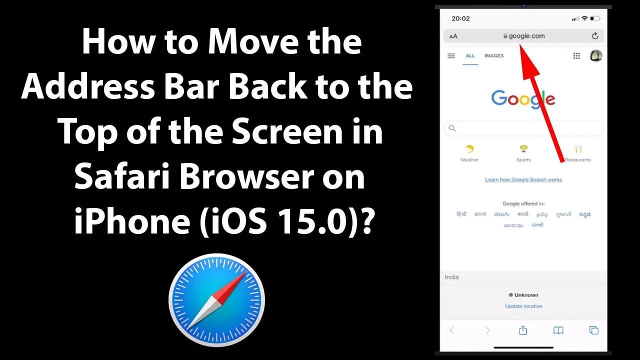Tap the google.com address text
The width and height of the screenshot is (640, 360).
526,36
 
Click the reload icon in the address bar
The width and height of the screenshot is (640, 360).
594,36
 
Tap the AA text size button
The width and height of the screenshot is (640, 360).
453,36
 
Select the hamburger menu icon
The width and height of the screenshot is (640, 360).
451,56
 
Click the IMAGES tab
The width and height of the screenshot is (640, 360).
494,56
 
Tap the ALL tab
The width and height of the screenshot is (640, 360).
470,56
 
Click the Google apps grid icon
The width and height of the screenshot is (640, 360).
576,56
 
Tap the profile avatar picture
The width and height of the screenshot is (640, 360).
596,55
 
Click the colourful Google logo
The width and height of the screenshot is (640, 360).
523,98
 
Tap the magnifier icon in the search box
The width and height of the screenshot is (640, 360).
452,128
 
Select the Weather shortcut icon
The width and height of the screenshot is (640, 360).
469,149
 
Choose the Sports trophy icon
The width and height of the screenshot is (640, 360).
523,149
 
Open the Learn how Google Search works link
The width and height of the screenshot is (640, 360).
523,179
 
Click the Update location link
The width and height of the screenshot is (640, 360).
523,306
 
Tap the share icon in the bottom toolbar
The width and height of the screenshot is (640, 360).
523,330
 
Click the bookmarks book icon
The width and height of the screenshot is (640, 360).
558,330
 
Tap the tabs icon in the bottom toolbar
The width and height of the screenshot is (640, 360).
594,330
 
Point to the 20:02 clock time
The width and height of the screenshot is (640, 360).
460,18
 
